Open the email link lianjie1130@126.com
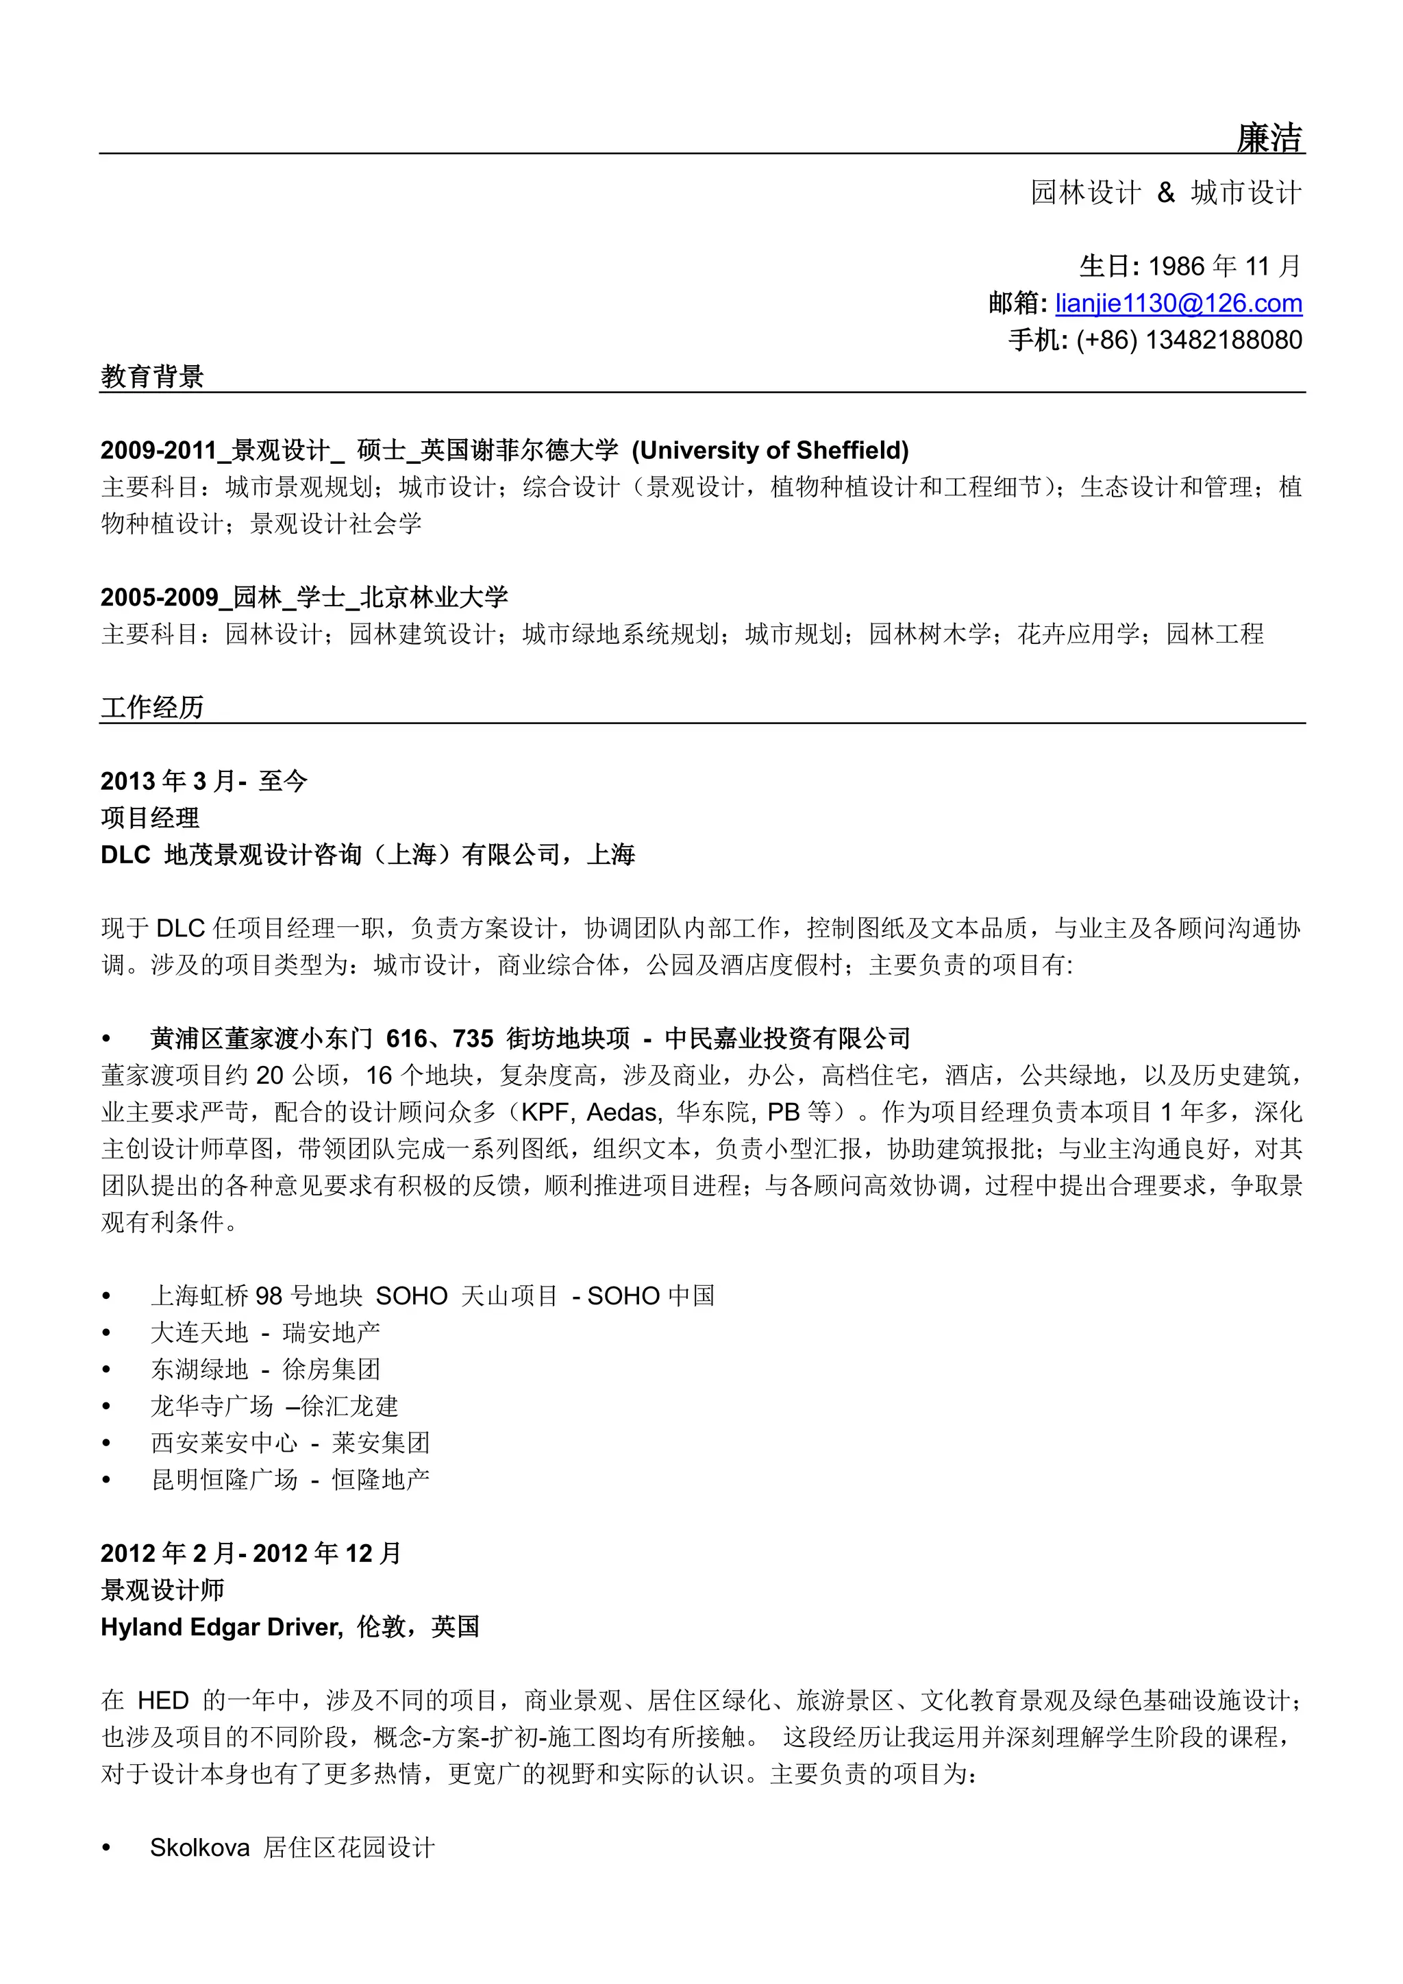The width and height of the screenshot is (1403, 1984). click(1178, 303)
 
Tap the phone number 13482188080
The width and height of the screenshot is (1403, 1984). click(1224, 340)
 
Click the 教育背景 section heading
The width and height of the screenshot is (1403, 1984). click(152, 377)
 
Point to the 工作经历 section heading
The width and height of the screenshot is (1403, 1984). click(152, 708)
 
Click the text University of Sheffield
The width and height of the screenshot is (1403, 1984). click(770, 450)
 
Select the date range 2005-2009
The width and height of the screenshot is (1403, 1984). click(160, 597)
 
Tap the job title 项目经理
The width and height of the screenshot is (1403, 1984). click(150, 817)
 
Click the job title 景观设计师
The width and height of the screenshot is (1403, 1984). click(162, 1590)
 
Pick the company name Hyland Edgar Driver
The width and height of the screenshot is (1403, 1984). click(221, 1627)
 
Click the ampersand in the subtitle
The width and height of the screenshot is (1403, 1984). click(1165, 193)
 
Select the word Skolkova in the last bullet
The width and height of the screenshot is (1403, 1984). click(199, 1848)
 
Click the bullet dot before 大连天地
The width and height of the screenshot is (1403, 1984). click(107, 1333)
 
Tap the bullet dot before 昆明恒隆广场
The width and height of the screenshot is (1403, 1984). click(107, 1480)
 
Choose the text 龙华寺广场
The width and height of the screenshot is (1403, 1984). click(212, 1406)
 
